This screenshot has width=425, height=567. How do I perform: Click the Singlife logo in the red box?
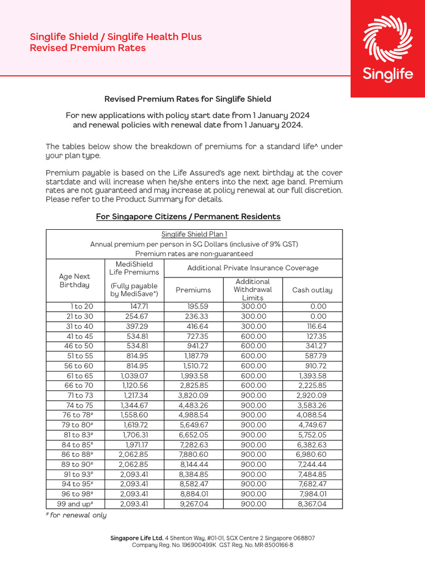(387, 49)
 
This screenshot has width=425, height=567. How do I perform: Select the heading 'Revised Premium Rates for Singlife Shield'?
(188, 99)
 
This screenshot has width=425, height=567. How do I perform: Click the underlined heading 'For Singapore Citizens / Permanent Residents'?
(188, 217)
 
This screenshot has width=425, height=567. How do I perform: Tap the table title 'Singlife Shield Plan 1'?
(194, 234)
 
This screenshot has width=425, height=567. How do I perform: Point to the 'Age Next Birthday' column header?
(75, 280)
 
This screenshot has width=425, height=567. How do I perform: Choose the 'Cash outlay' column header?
(312, 290)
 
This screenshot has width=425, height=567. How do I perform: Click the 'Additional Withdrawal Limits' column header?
(253, 290)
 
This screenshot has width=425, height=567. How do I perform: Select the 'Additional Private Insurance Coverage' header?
(253, 268)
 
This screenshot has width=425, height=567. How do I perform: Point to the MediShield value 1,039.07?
(134, 375)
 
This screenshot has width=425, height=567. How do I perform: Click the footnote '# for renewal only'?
(76, 516)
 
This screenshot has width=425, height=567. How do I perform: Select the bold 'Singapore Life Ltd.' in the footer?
(137, 538)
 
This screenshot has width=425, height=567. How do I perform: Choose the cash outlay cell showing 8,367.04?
(312, 504)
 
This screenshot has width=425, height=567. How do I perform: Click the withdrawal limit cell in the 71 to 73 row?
(253, 395)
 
